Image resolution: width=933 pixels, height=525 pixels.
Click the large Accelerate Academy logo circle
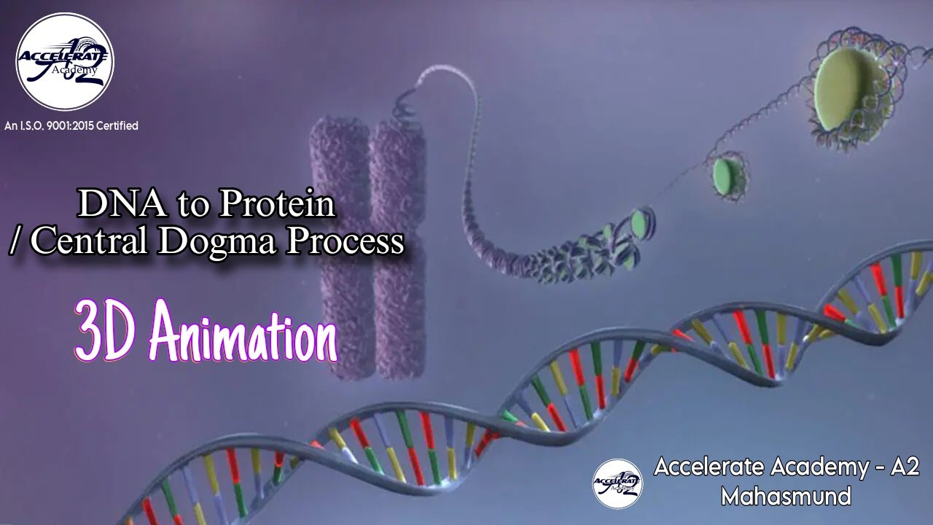pos(65,61)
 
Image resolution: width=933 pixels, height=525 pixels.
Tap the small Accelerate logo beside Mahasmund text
pos(618,483)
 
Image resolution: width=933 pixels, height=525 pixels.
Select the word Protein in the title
pos(277,204)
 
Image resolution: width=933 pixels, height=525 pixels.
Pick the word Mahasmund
pos(786,497)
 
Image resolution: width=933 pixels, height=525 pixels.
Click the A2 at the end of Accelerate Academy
pos(905,467)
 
